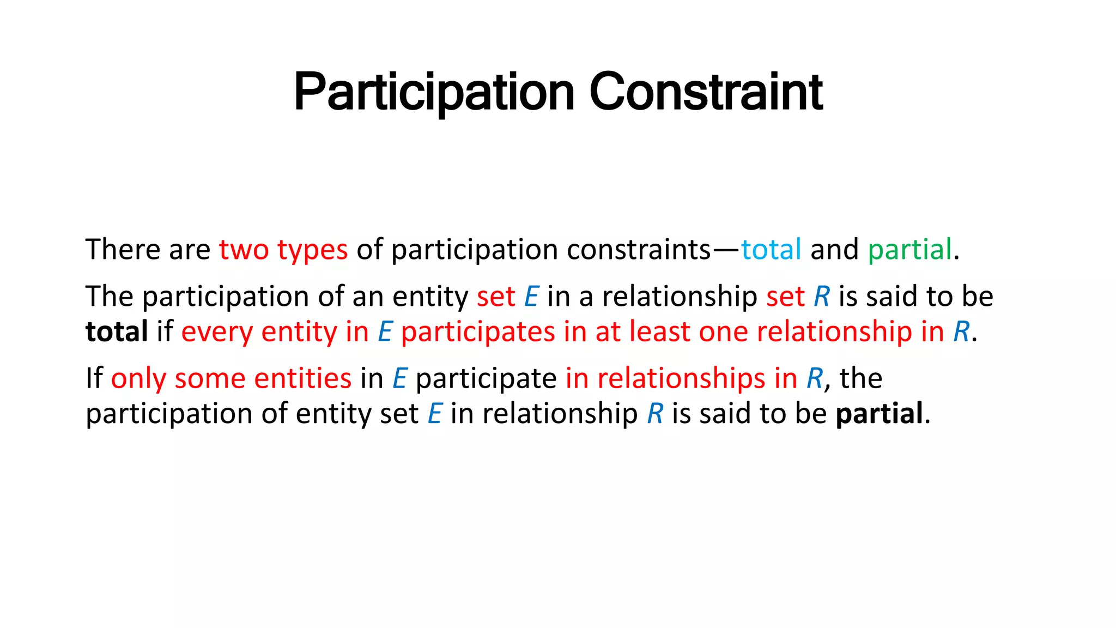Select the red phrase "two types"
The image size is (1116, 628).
point(283,250)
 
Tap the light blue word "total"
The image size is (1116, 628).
point(771,250)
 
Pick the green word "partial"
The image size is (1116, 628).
point(909,250)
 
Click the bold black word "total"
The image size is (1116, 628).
point(117,331)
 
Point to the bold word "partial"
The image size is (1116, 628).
point(880,413)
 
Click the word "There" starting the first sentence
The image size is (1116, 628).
point(121,250)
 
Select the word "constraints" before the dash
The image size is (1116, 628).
point(639,250)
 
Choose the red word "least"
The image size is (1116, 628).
point(659,331)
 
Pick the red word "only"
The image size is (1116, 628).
point(138,378)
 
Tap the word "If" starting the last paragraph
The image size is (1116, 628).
point(94,378)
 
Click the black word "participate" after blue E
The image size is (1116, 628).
point(486,378)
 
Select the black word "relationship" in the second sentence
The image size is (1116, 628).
point(680,297)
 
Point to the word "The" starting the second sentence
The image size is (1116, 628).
point(109,297)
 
